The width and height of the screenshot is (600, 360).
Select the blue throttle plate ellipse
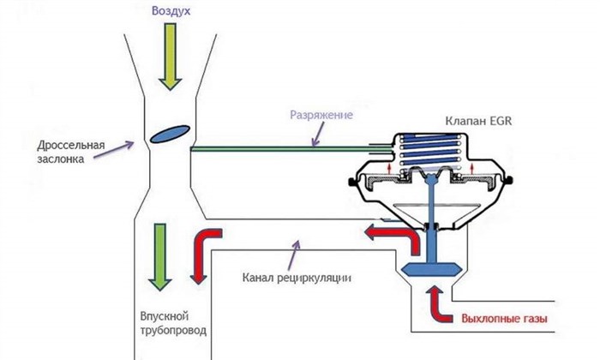click(x=171, y=134)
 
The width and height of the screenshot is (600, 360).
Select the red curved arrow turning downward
click(x=205, y=253)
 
